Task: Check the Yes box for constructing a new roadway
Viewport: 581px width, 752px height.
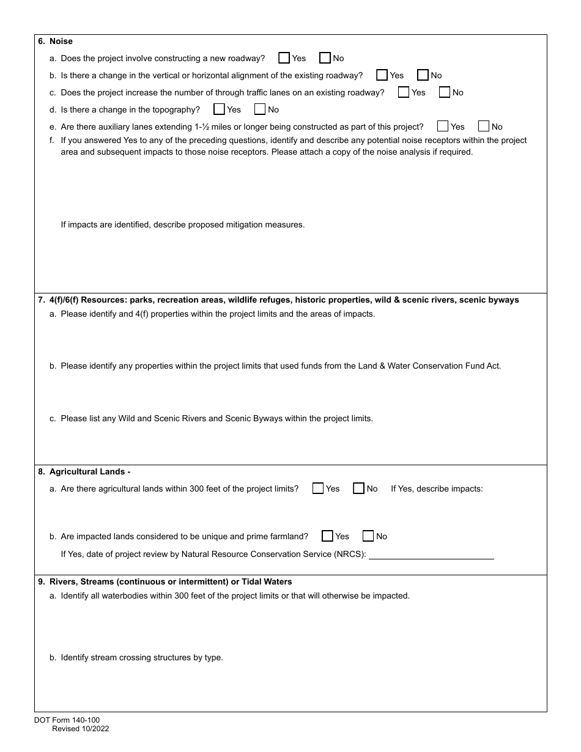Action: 284,58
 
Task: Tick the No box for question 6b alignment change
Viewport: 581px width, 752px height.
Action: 423,75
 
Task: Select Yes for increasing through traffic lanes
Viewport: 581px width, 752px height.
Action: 404,92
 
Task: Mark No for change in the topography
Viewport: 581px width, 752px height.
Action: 260,109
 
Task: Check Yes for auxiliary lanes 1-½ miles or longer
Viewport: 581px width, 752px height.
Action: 443,127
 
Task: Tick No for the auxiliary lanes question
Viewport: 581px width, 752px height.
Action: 484,127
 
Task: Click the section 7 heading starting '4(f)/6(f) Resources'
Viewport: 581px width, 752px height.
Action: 278,300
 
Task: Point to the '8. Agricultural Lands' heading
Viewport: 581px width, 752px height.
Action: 84,471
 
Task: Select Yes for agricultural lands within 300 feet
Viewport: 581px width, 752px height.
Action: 318,488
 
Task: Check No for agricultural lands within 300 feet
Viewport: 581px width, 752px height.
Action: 359,488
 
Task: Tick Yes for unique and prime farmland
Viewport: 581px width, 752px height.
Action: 327,536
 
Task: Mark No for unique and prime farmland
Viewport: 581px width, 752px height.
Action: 368,536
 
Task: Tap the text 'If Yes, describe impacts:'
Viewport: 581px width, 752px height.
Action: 437,488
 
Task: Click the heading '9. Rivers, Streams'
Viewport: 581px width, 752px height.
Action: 165,581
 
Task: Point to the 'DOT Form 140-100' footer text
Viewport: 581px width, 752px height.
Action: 67,720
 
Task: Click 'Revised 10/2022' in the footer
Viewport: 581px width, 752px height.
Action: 80,729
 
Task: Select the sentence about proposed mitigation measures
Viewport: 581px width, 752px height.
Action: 182,224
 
